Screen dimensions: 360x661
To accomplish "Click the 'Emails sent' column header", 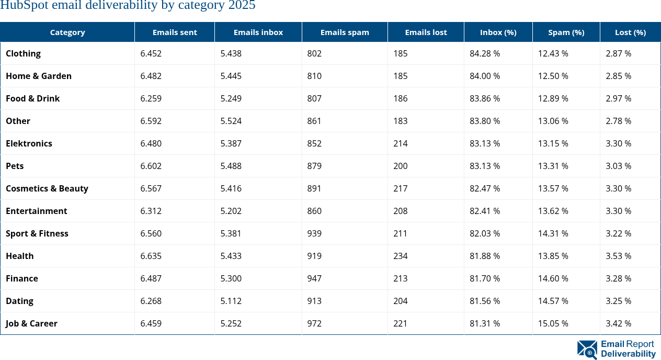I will pos(175,32).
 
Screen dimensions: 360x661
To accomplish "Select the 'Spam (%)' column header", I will pos(566,32).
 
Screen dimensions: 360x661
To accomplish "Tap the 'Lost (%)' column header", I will pos(630,32).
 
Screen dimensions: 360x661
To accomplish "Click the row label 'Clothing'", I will pos(23,53).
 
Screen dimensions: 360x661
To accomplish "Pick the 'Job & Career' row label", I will pos(31,323).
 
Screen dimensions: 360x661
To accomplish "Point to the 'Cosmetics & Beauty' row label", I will pos(47,188).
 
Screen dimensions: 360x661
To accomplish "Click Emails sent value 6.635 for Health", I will pos(151,256).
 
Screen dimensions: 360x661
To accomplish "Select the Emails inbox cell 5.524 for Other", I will pos(231,121).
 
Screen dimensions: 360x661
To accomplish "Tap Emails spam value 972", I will pos(314,323).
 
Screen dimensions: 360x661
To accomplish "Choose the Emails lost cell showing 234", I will pos(401,256).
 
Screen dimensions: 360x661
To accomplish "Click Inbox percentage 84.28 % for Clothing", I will pos(485,53).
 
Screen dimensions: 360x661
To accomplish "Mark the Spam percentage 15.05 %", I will pos(553,323).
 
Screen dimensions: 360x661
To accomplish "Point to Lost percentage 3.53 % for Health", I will pos(619,256).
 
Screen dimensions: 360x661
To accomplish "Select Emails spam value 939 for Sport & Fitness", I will pos(314,233).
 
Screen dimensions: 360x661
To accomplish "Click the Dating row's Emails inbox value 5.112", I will pos(231,301).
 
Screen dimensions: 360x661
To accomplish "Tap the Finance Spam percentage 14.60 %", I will pos(553,278).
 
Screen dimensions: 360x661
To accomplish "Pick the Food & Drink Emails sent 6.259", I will pos(151,98).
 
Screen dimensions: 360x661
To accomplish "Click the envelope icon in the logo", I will pos(587,350).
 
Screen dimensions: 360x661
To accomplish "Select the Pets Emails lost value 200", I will pos(401,166).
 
